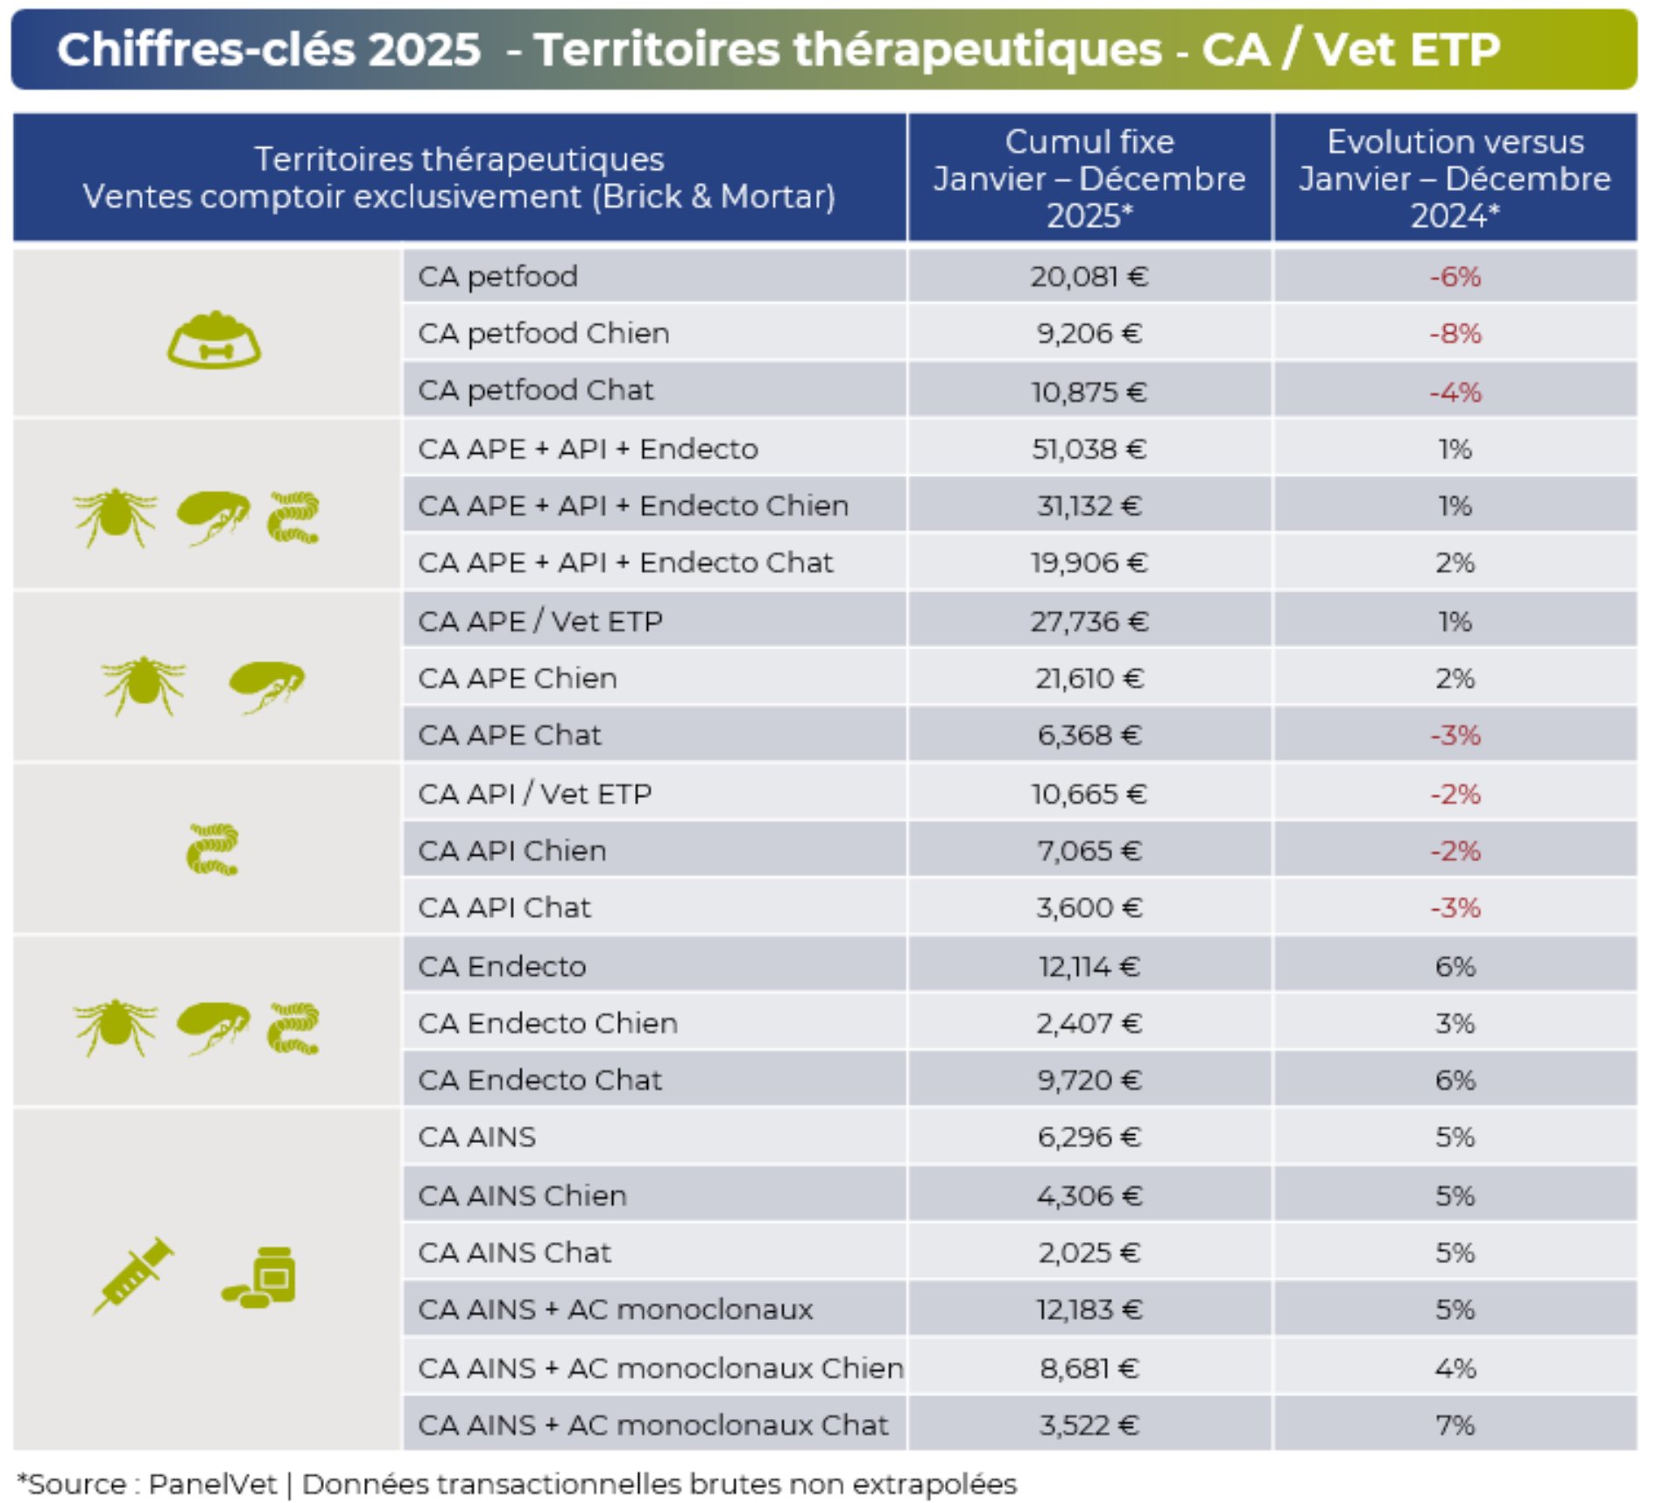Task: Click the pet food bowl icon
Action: click(214, 340)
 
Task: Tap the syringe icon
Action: click(132, 1275)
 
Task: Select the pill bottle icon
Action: click(261, 1278)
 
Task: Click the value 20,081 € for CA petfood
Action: click(1088, 277)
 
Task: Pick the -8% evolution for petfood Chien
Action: click(1455, 334)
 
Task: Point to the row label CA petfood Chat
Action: click(535, 391)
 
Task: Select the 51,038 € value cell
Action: click(1088, 449)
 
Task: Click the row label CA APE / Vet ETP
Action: click(539, 621)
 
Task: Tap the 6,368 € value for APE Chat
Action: click(1089, 735)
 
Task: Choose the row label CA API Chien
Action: click(511, 850)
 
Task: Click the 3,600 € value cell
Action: click(1089, 907)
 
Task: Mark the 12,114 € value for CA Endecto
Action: click(1089, 966)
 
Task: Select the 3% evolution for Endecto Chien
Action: click(1455, 1023)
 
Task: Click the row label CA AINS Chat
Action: click(514, 1252)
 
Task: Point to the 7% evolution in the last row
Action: click(1455, 1425)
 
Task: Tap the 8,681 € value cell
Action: click(1089, 1368)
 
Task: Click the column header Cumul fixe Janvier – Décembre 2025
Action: click(1089, 178)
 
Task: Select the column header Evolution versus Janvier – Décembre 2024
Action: click(1455, 178)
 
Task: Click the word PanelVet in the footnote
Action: click(212, 1484)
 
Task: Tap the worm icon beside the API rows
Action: click(212, 849)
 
